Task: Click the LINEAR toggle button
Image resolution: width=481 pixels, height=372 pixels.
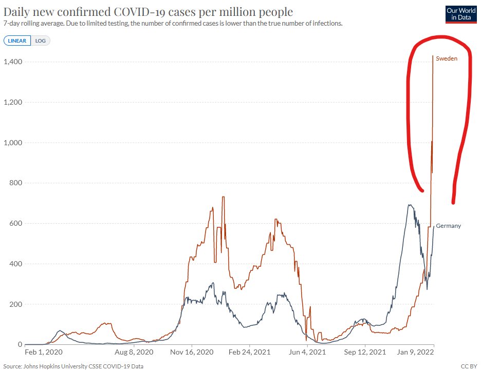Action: coord(17,41)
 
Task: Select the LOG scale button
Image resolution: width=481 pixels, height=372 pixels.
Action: coord(41,41)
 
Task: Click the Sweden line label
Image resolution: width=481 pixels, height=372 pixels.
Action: coord(447,58)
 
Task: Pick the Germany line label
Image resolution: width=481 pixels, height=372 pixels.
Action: coord(448,226)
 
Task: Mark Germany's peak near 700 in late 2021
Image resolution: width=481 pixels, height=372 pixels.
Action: coord(409,205)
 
